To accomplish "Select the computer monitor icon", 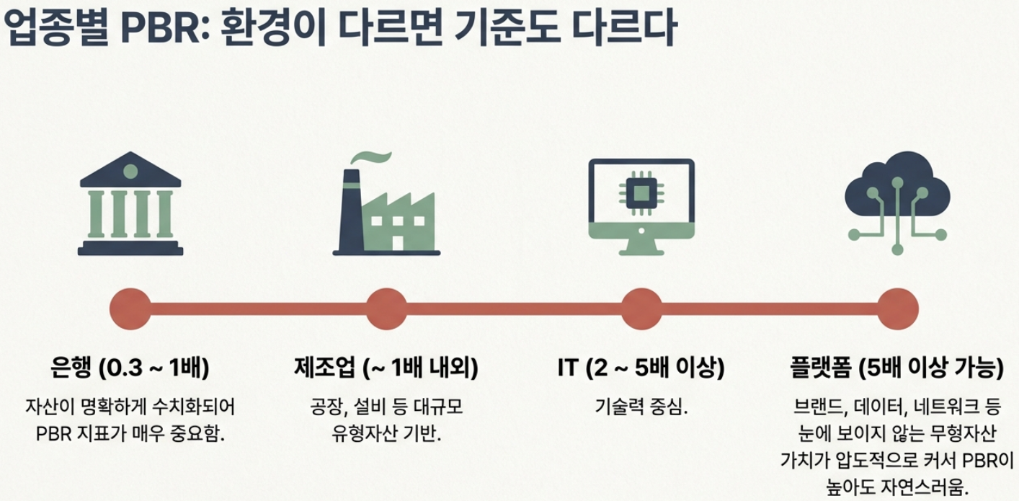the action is click(641, 205).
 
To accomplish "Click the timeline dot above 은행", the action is click(130, 309).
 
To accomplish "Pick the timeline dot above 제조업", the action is click(387, 309).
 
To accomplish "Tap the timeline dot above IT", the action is click(641, 309).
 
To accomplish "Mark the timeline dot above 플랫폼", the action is click(898, 309).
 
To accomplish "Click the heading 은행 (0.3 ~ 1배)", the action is click(130, 368).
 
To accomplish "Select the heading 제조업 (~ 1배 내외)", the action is click(386, 368).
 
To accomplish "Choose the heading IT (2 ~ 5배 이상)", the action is click(641, 368).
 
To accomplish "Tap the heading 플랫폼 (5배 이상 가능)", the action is click(897, 368).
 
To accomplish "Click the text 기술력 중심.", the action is click(641, 407).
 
